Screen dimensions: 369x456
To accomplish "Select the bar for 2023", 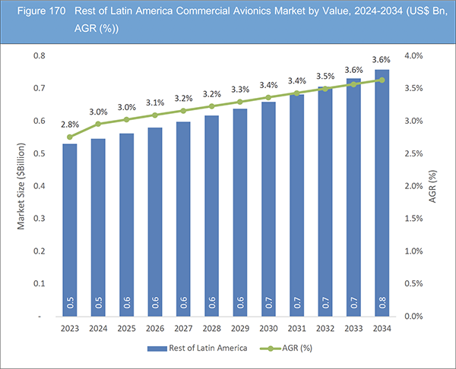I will (70, 228).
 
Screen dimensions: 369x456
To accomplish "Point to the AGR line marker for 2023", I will (70, 137).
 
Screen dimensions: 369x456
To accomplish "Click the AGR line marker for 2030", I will (268, 97).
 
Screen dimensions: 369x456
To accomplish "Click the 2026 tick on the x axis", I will (155, 328).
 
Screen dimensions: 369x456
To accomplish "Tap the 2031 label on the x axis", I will (296, 328).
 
